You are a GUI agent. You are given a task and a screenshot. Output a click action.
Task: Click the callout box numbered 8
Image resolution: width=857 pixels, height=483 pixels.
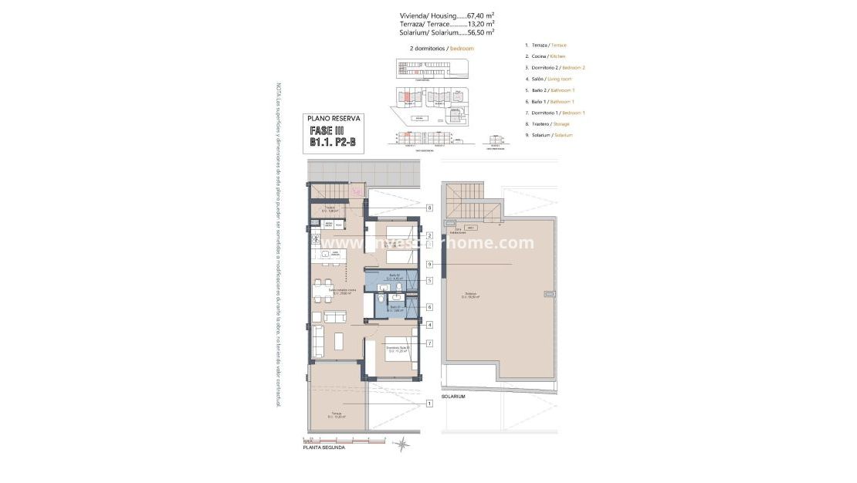pos(428,208)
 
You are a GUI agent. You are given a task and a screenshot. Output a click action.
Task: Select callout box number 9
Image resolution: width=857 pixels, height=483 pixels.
pos(428,265)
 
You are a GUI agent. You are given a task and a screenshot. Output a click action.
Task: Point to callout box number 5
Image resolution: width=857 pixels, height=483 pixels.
pos(428,280)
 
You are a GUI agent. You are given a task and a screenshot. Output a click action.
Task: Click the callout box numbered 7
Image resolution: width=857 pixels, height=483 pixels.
pos(428,343)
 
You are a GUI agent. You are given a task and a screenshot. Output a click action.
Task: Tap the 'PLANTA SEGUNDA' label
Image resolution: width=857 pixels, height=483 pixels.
pos(323,448)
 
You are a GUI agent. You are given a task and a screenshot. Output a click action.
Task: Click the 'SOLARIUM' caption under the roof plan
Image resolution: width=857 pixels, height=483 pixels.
pos(453,397)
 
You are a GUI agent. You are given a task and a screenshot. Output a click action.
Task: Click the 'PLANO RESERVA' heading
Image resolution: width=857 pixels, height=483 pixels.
pos(333,119)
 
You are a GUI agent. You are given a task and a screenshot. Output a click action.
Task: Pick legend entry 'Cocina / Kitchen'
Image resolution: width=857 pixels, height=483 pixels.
pos(546,56)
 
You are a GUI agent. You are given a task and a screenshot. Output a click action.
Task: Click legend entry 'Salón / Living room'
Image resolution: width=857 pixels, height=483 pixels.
pos(549,79)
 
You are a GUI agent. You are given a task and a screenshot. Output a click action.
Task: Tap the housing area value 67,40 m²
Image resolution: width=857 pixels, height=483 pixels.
pos(477,15)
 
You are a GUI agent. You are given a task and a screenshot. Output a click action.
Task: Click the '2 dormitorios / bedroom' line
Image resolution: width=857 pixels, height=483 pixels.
pos(442,48)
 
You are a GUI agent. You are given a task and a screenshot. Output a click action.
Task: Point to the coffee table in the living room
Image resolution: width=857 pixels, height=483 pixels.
pos(338,339)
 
